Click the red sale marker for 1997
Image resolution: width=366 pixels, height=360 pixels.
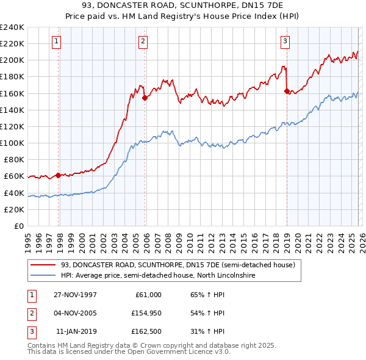click(59, 175)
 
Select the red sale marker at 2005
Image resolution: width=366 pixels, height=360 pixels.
click(145, 98)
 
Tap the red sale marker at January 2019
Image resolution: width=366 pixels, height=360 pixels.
click(287, 91)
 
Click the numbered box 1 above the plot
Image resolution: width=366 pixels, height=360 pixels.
click(56, 41)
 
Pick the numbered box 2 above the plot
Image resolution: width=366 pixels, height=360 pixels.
click(142, 41)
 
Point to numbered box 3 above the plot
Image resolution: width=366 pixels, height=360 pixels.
click(285, 41)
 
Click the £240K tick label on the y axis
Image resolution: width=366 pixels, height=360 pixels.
click(12, 27)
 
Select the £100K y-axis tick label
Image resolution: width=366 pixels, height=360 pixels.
click(12, 143)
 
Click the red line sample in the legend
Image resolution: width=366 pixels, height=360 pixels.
click(43, 265)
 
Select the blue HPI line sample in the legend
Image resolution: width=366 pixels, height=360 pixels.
click(43, 276)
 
